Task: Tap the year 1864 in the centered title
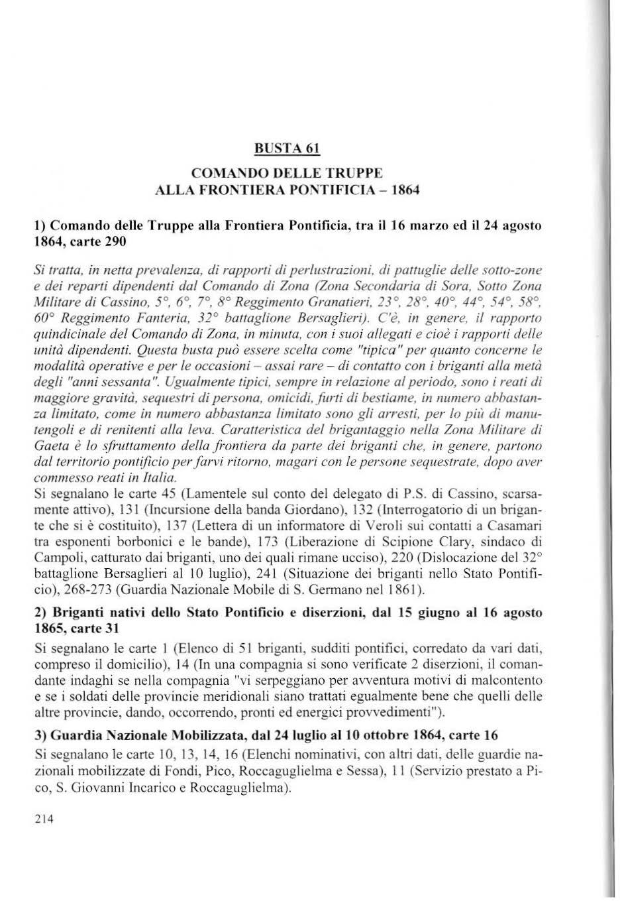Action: (x=405, y=190)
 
